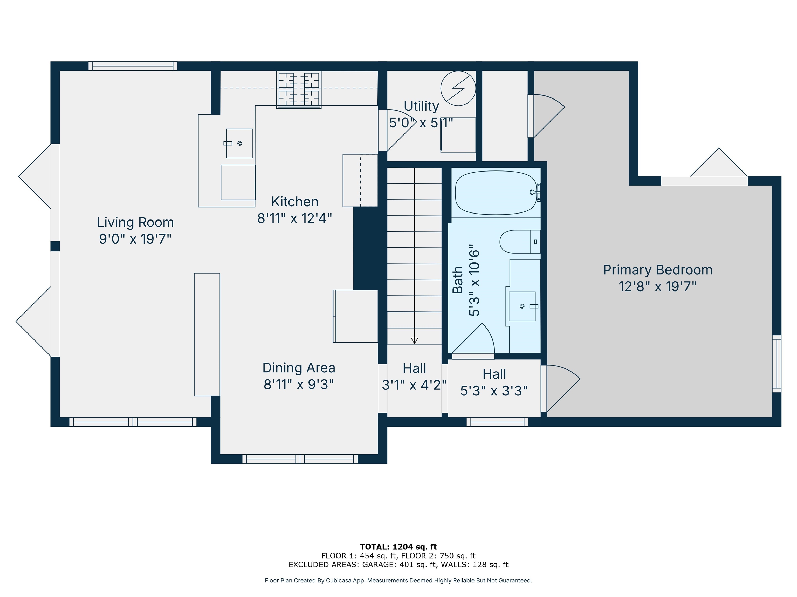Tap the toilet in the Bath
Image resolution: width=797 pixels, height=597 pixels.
pyautogui.click(x=520, y=242)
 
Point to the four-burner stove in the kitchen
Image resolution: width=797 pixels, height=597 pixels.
pyautogui.click(x=299, y=90)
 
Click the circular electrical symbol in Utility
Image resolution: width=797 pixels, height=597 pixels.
pyautogui.click(x=458, y=88)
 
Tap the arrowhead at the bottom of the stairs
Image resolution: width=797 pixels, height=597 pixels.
pyautogui.click(x=414, y=340)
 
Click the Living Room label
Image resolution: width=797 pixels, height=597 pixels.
pyautogui.click(x=135, y=222)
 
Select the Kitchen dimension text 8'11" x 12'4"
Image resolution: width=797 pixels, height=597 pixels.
pyautogui.click(x=294, y=218)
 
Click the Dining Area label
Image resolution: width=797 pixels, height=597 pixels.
pyautogui.click(x=299, y=368)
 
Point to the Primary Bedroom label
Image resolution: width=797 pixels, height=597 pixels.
pyautogui.click(x=658, y=270)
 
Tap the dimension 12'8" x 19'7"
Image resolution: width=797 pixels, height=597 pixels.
pyautogui.click(x=658, y=286)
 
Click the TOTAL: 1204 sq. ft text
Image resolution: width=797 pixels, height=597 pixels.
pyautogui.click(x=398, y=547)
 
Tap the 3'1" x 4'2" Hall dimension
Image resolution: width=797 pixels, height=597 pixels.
pyautogui.click(x=414, y=385)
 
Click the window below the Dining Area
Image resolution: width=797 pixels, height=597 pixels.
pyautogui.click(x=300, y=459)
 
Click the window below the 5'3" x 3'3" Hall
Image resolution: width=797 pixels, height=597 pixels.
pyautogui.click(x=497, y=422)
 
